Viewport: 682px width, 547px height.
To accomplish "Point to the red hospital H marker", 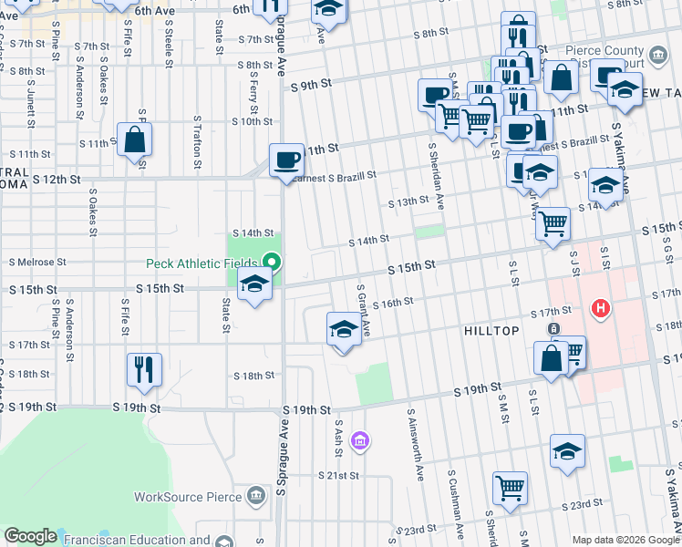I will pyautogui.click(x=600, y=310).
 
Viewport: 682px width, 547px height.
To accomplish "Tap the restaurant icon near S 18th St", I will pyautogui.click(x=144, y=369).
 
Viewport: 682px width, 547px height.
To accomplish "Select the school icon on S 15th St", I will pyautogui.click(x=254, y=284).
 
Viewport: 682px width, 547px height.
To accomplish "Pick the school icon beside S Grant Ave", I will pyautogui.click(x=343, y=328).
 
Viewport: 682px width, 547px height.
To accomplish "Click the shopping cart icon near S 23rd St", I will pyautogui.click(x=510, y=487).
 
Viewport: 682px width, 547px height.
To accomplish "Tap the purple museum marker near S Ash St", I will pyautogui.click(x=361, y=442).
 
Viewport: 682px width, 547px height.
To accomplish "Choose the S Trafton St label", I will pyautogui.click(x=198, y=142).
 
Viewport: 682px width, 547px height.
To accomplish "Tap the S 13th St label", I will pyautogui.click(x=408, y=201).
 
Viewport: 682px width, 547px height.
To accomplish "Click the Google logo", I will pyautogui.click(x=30, y=536).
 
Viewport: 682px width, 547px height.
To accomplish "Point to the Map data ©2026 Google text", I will pyautogui.click(x=625, y=540).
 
